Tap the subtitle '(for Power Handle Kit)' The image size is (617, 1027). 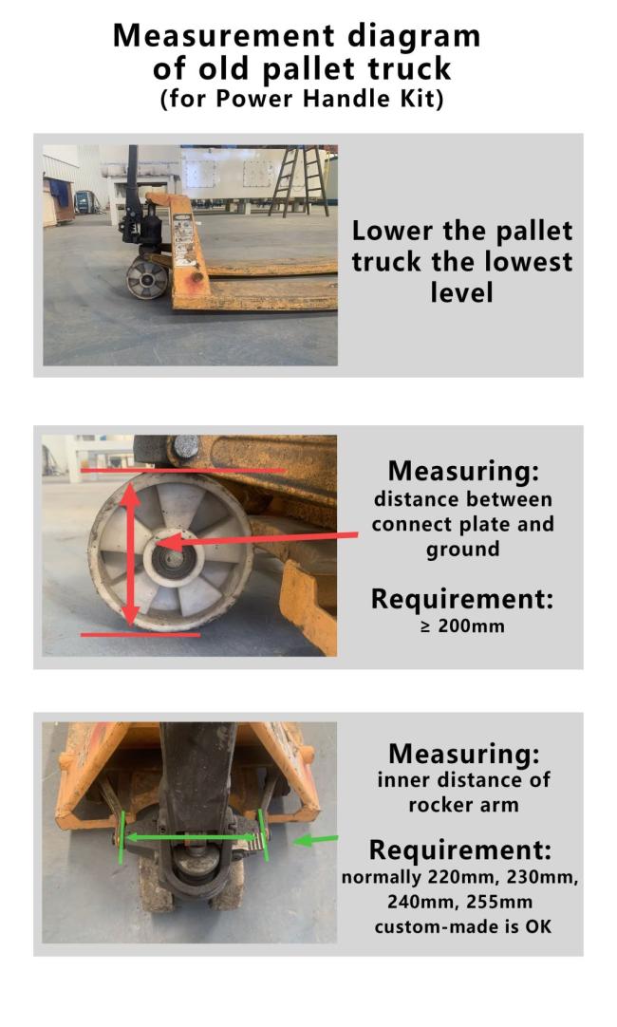point(301,100)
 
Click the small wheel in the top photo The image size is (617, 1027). point(145,279)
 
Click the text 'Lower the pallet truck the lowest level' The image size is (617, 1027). point(462,261)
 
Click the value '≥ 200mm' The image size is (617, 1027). point(461,626)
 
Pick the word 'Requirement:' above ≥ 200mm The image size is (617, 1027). point(462,600)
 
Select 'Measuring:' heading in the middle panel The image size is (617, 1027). point(462,471)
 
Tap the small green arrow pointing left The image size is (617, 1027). point(316,840)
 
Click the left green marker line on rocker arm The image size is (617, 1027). point(122,835)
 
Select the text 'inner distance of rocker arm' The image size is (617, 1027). point(462,792)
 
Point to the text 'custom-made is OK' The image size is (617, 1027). point(462,925)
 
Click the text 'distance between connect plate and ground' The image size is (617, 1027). point(462,524)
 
